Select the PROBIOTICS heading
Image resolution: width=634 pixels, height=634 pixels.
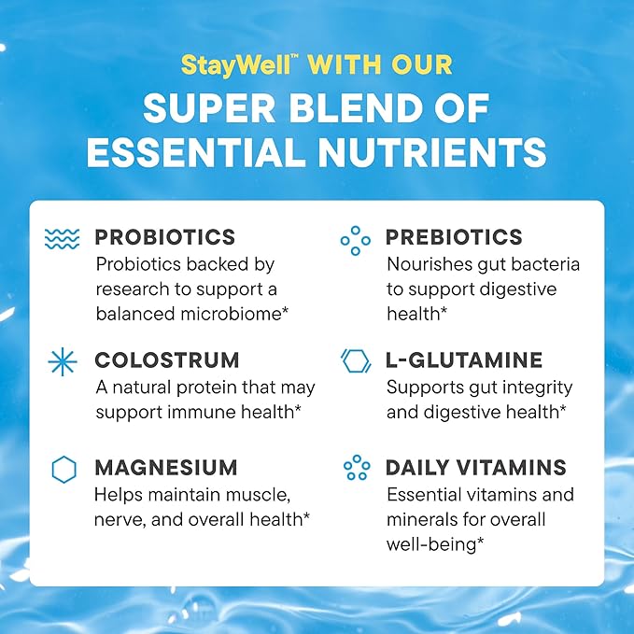coord(164,237)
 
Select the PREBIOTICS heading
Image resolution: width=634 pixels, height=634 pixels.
coord(454,237)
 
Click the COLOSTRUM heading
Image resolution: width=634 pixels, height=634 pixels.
coord(166,359)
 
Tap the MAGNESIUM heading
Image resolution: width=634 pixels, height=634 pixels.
coord(165,468)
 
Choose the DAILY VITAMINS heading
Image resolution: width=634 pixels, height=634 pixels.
coord(475,468)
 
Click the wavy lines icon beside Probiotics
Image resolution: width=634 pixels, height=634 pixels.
coord(63,240)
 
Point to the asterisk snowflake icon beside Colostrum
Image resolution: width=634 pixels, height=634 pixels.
coord(63,361)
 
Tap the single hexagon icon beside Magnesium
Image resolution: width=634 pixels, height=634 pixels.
coord(63,470)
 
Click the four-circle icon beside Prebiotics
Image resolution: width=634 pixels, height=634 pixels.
coord(355,241)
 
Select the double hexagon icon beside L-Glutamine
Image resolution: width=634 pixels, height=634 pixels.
coord(356,361)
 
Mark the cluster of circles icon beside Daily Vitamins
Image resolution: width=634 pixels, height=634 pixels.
coord(356,468)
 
